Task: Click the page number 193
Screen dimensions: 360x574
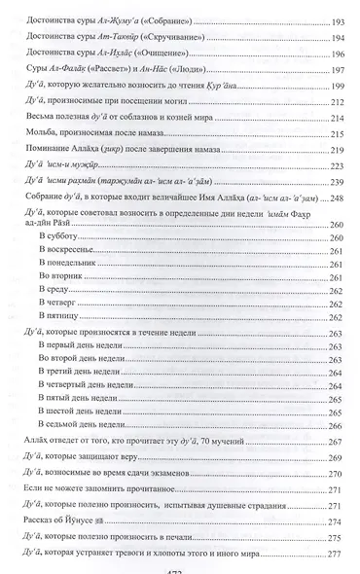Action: (x=331, y=20)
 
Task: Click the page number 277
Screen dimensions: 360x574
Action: (x=331, y=554)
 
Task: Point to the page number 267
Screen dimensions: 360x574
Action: (x=331, y=471)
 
